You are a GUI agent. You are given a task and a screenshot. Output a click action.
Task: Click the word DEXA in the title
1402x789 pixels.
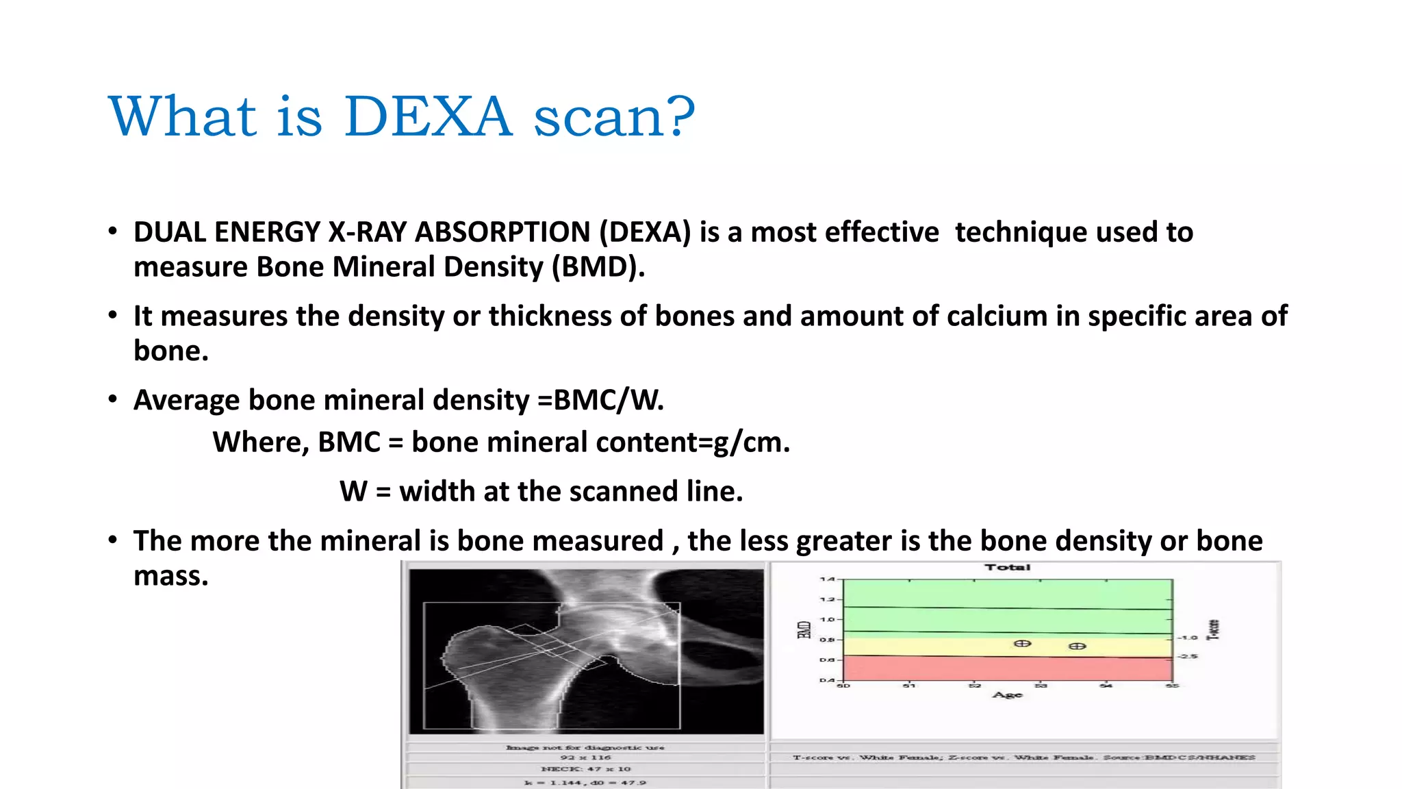(428, 116)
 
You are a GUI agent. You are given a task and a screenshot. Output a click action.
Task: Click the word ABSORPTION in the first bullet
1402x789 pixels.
(503, 232)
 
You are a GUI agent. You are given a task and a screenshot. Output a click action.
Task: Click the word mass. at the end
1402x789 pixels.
(170, 576)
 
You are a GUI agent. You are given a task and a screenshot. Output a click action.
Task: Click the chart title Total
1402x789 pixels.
(1007, 567)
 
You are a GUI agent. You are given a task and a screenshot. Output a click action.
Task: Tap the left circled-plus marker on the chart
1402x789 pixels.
(1022, 644)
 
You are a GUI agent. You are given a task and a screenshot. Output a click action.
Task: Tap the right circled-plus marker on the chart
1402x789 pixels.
(1077, 647)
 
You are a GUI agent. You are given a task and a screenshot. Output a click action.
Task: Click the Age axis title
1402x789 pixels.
(1007, 694)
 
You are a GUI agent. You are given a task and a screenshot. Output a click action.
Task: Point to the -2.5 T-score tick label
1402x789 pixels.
(1188, 656)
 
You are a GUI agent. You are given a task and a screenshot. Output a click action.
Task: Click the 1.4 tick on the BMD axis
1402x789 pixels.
(827, 579)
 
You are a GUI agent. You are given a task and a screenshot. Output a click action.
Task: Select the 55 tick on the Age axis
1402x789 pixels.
(1173, 686)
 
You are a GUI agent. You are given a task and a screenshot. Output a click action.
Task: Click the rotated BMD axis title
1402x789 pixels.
(804, 630)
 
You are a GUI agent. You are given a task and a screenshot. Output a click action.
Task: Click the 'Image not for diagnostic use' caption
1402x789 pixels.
(585, 747)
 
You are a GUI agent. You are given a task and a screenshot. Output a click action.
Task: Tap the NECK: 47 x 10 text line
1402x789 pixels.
(585, 769)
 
